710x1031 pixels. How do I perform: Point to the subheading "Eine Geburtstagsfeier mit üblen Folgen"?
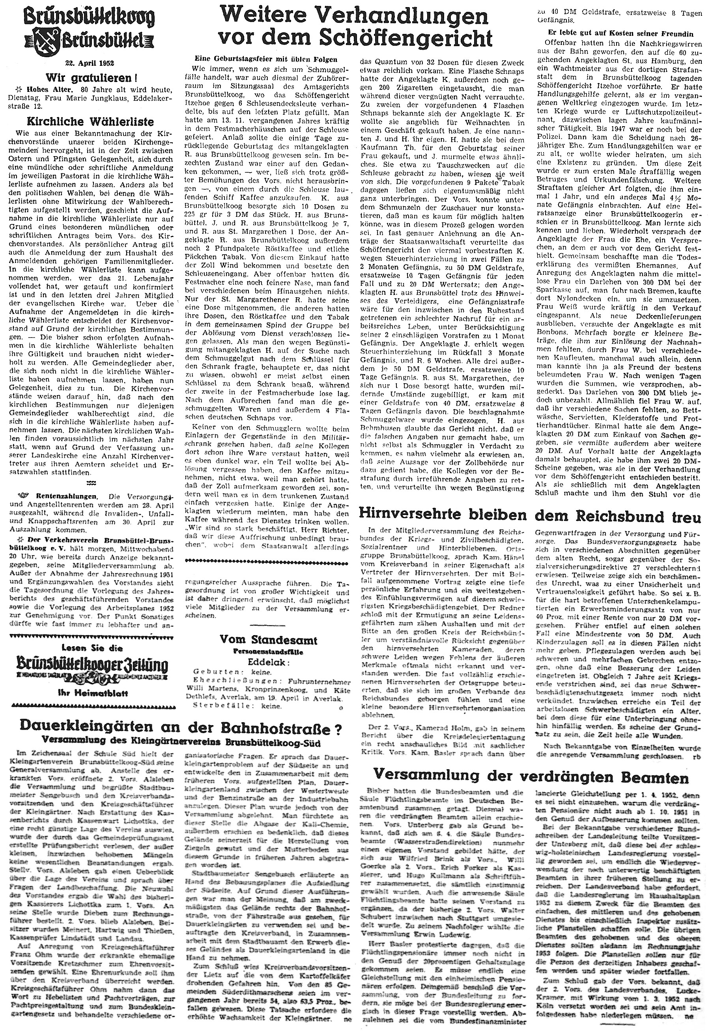pos(266,59)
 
